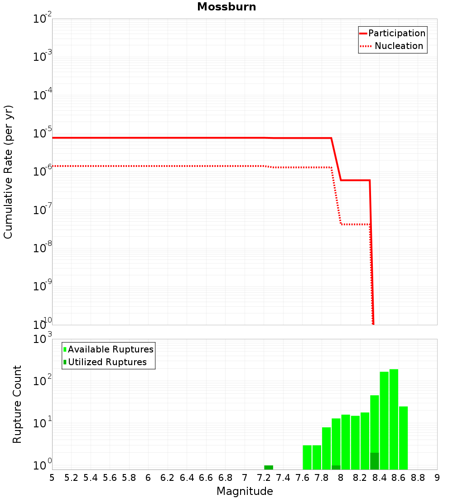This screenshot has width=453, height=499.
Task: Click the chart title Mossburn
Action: [x=226, y=7]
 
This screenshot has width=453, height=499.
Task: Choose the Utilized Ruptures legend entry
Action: [x=107, y=362]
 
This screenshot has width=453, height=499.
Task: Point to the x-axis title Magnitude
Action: [x=245, y=491]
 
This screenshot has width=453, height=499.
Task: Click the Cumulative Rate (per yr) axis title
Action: [x=8, y=172]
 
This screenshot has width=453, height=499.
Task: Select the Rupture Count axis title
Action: [x=17, y=404]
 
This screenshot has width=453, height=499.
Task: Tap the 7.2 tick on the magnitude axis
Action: [x=264, y=478]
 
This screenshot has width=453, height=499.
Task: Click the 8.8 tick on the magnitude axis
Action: [x=418, y=478]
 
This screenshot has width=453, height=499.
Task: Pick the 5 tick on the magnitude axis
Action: [x=52, y=478]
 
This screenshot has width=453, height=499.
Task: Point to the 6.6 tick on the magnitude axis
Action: [x=206, y=478]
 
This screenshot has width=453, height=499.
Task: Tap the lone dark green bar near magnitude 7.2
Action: [x=269, y=467]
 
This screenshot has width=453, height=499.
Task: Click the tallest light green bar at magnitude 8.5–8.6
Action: [x=394, y=420]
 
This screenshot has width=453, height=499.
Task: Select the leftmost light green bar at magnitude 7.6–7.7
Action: [x=307, y=457]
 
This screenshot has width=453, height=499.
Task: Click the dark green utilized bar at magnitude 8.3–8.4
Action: [x=375, y=461]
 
